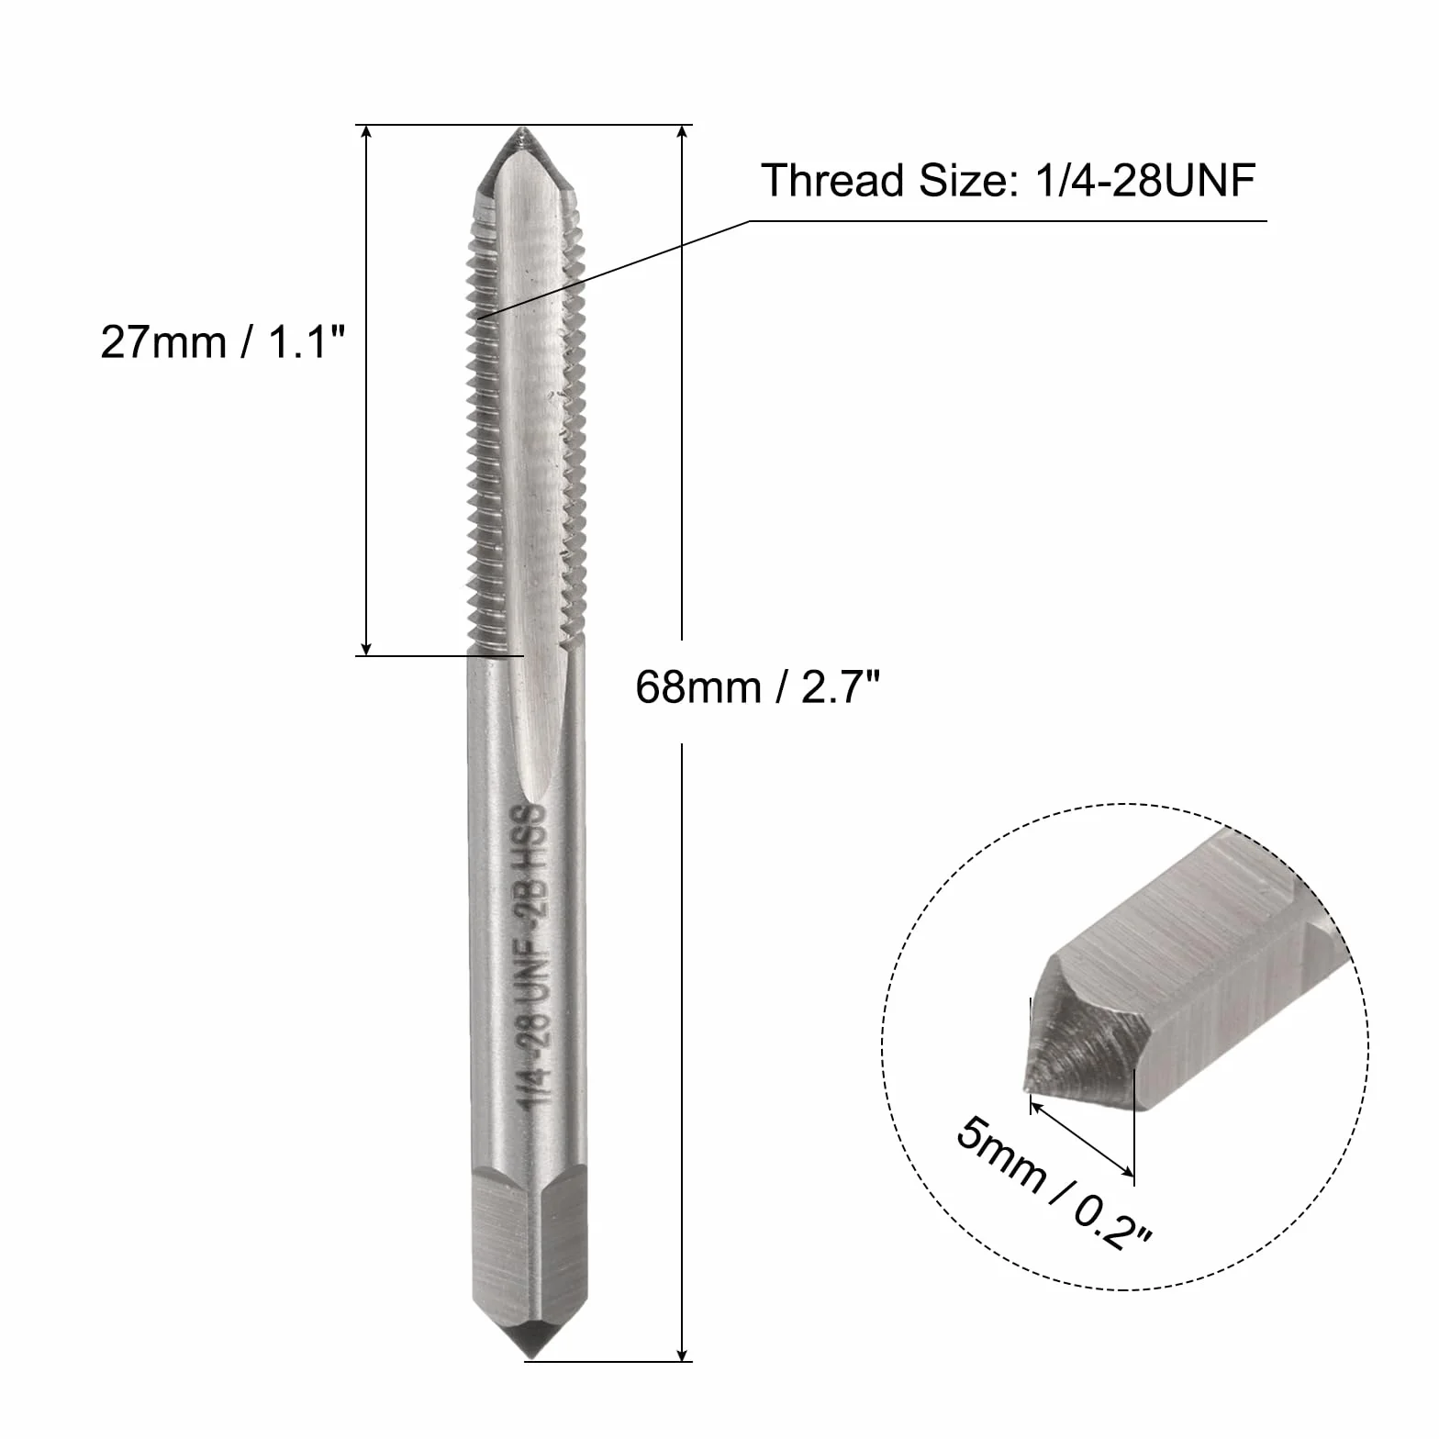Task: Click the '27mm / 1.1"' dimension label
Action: click(223, 343)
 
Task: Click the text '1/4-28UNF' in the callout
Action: click(1143, 181)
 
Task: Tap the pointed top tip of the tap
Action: click(521, 129)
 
